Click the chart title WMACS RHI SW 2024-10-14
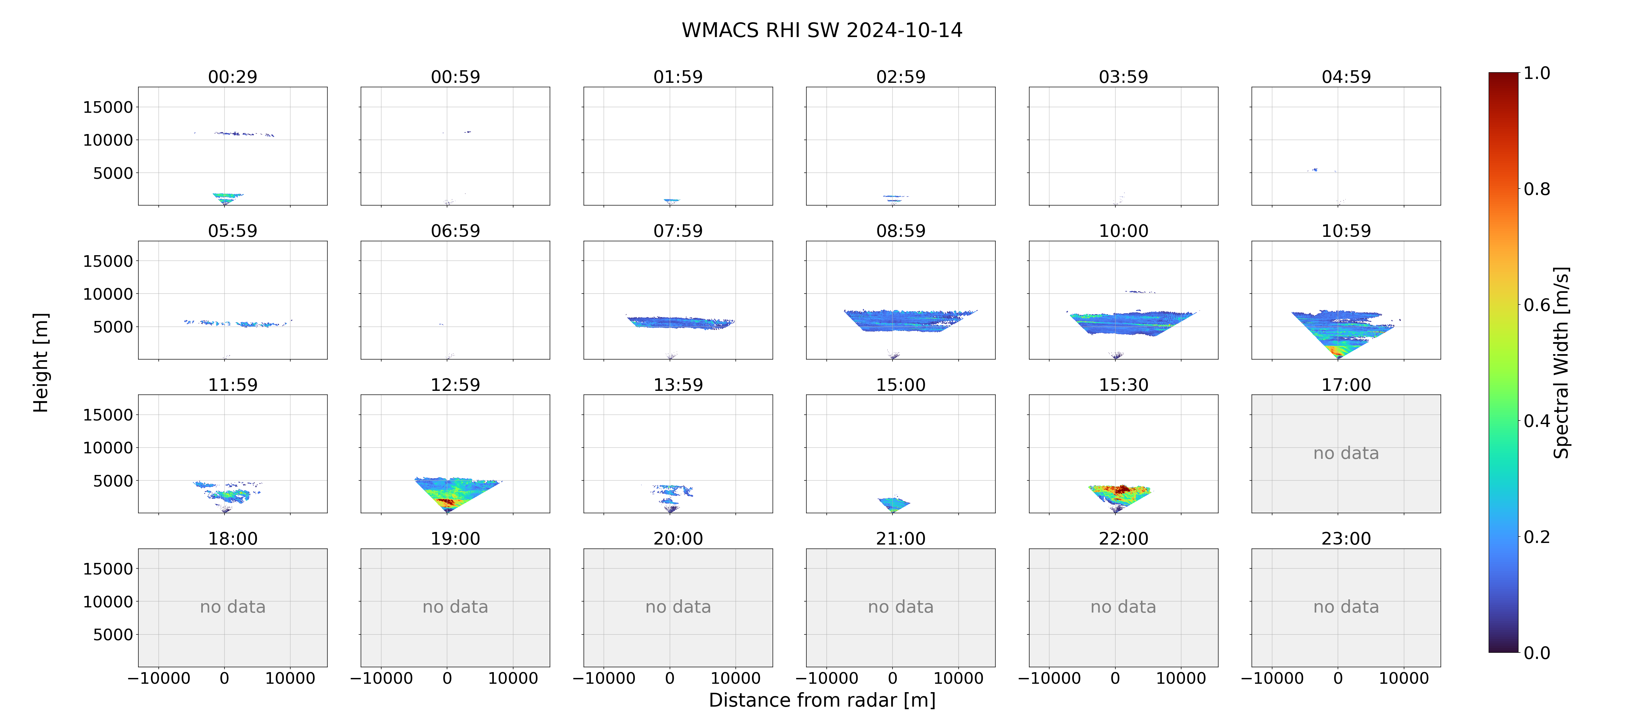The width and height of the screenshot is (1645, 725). (822, 30)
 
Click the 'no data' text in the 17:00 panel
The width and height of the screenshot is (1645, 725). (1346, 453)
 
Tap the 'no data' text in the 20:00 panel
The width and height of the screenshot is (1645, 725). (678, 607)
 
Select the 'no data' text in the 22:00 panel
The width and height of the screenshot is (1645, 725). (1123, 607)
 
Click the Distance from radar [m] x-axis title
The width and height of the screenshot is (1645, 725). (822, 700)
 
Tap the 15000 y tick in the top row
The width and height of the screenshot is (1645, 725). (108, 107)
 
